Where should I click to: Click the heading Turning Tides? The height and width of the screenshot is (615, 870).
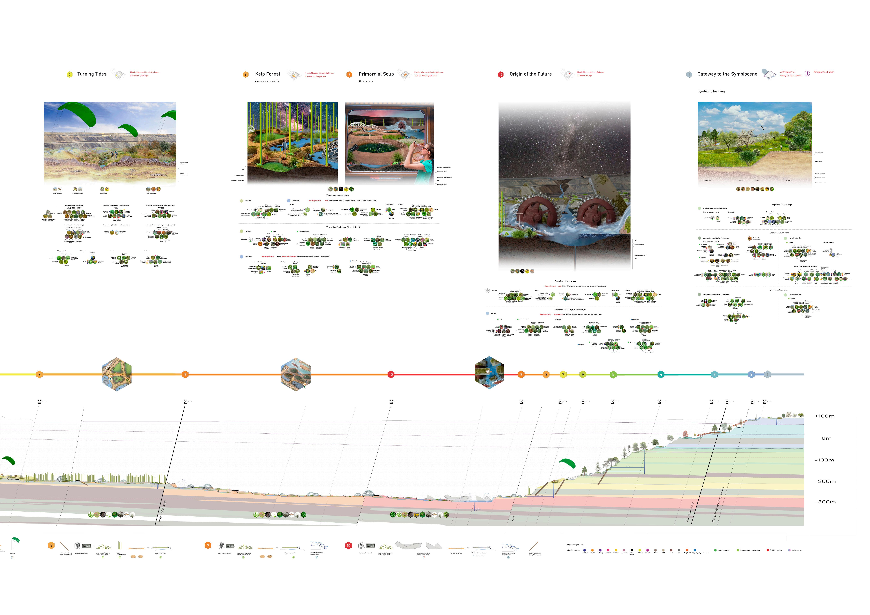[x=92, y=74]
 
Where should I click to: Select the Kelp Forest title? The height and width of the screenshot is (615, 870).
[x=267, y=74]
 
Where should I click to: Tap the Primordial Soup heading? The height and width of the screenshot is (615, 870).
[x=376, y=74]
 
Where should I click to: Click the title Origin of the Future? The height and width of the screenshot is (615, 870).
[x=530, y=74]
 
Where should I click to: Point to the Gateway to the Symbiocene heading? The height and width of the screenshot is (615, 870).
[x=727, y=74]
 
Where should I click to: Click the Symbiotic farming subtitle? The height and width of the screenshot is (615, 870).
[x=711, y=91]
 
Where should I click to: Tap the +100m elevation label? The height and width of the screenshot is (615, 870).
[x=824, y=416]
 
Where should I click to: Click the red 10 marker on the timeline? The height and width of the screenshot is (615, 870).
[x=391, y=375]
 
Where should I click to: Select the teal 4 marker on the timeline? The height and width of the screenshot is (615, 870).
[x=661, y=375]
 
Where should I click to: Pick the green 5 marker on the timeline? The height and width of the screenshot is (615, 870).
[x=613, y=375]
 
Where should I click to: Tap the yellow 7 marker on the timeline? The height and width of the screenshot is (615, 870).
[x=563, y=375]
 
